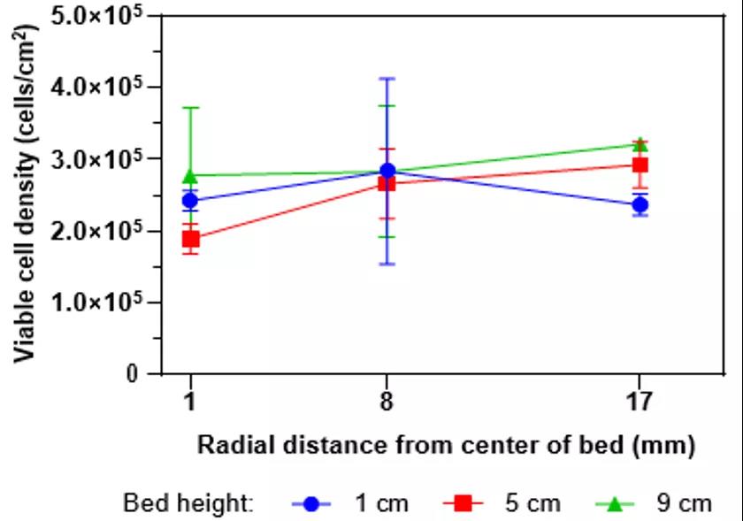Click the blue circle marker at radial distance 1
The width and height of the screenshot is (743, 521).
point(190,200)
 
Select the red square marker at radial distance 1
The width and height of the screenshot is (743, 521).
point(190,239)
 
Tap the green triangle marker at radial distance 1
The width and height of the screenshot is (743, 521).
point(190,175)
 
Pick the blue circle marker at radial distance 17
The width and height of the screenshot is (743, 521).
point(640,205)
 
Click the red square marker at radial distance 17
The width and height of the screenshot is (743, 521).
point(640,165)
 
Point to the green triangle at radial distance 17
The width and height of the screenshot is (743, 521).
point(640,143)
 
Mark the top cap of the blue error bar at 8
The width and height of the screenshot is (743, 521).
point(387,79)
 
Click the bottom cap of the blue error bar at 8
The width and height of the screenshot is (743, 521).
point(387,264)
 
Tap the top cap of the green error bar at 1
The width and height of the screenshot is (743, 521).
point(190,108)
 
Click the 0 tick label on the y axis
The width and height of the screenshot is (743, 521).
point(132,374)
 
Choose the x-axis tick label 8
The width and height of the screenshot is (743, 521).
point(387,402)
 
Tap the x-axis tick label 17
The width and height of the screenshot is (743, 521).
point(640,402)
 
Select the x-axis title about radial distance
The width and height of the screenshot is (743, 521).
point(446,445)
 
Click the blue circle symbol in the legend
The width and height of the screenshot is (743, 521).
point(310,503)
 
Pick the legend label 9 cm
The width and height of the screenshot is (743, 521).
point(684,503)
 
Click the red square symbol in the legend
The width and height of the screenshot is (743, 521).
point(463,503)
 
